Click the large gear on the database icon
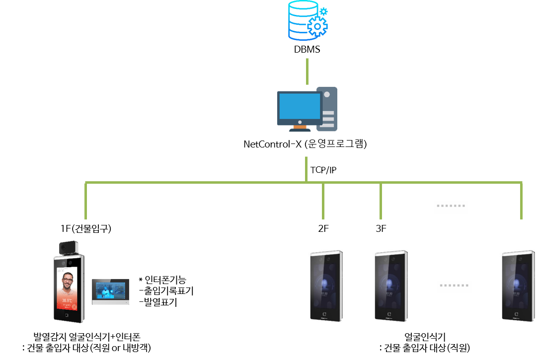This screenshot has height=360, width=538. [317, 26]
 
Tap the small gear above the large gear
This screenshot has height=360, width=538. [323, 11]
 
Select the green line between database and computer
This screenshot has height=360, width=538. [307, 72]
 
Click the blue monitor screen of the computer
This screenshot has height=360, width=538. [300, 106]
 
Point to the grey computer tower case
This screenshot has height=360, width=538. [327, 109]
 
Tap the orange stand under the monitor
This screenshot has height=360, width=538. [300, 127]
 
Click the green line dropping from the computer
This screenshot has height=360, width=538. [306, 169]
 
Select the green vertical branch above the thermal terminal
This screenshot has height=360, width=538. [86, 201]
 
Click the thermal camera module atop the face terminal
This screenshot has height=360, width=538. [69, 247]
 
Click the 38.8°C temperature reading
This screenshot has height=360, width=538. [67, 300]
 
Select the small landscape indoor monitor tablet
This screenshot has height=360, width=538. [110, 291]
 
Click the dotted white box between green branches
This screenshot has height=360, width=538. [451, 207]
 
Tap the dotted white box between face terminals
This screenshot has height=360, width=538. [454, 287]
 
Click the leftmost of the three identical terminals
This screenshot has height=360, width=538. [326, 286]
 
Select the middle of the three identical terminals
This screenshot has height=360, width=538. [391, 286]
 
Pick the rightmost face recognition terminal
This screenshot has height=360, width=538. [518, 286]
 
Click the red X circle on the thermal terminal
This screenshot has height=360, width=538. [75, 306]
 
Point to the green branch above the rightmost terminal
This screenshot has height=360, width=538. [521, 201]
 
